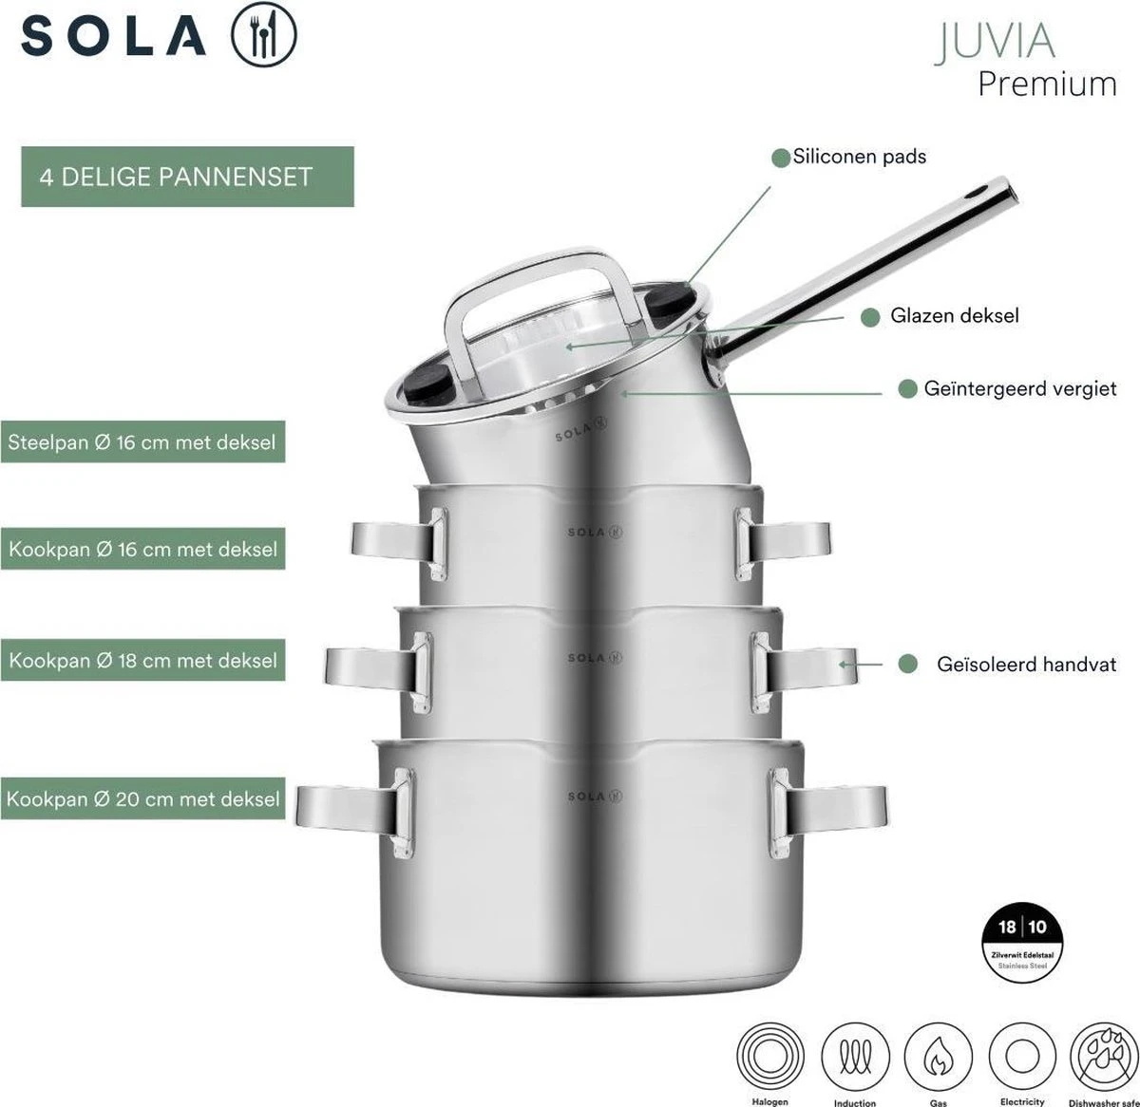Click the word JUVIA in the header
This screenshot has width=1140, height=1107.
pos(995,42)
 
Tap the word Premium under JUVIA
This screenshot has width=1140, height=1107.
pos(1047,84)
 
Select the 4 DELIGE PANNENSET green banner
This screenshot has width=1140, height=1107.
pos(187,177)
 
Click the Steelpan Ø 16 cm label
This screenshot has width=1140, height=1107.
pos(142,442)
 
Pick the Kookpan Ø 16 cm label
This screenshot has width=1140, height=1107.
pos(142,550)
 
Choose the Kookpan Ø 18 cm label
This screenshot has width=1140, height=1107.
pos(142,661)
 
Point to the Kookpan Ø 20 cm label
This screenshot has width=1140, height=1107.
pos(142,799)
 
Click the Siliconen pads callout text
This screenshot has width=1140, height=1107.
pos(859,157)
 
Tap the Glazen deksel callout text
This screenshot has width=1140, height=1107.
pos(953,316)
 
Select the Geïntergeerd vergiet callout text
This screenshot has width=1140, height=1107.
pos(1018,389)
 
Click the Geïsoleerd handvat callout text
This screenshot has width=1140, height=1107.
pos(1026,666)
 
